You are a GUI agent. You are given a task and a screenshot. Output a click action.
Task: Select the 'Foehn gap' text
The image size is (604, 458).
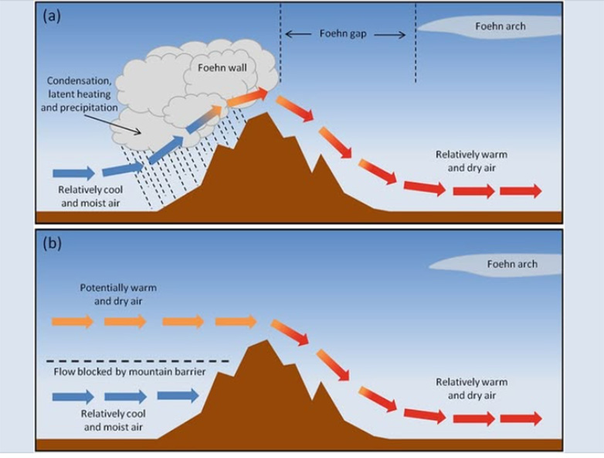click(x=344, y=34)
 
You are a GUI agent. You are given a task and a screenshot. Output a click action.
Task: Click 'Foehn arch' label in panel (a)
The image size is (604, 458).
click(x=500, y=26)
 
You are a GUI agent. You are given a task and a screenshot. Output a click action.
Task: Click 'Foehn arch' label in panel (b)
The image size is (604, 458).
click(x=511, y=265)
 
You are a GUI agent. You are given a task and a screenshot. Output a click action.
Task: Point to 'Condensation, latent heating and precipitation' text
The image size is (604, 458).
click(x=80, y=94)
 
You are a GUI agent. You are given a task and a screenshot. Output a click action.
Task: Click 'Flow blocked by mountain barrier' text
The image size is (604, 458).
click(x=129, y=372)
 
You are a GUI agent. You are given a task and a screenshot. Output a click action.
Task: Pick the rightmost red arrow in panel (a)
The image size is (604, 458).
click(x=521, y=190)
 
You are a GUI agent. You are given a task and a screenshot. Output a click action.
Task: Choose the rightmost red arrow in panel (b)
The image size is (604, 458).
click(x=521, y=419)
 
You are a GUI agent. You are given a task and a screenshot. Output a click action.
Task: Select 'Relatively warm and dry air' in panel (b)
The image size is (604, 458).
click(x=471, y=389)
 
